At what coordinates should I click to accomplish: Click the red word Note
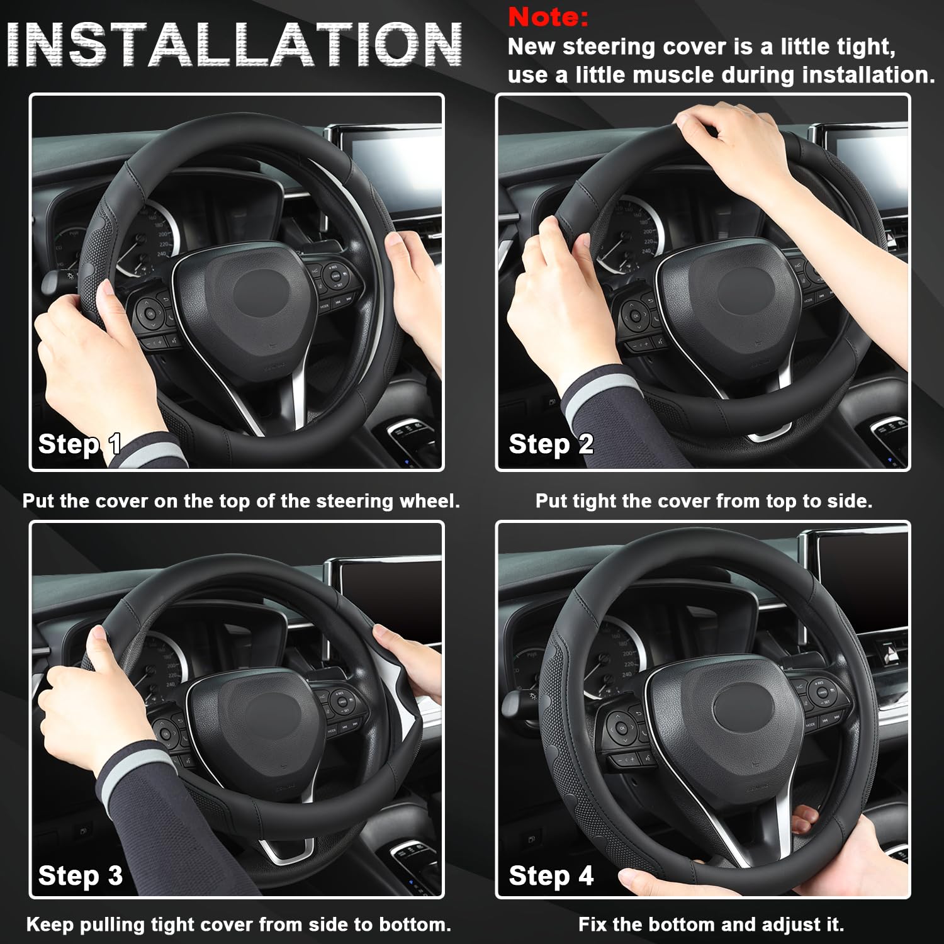coord(548,17)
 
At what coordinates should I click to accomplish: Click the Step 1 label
coord(79,444)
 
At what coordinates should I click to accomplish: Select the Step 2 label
coord(551,444)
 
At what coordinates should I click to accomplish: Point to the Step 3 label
coord(80,875)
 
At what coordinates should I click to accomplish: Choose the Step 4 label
coord(551,875)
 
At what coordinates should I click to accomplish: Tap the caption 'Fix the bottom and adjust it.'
coord(711,924)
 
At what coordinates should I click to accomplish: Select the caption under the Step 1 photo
coord(241,501)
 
